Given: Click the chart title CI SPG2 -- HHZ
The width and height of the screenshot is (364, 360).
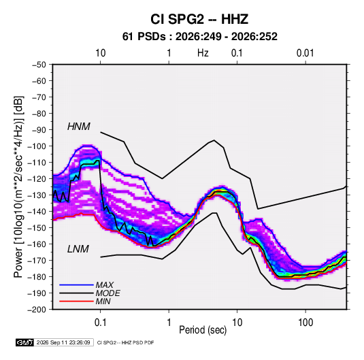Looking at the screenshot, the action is point(199,19).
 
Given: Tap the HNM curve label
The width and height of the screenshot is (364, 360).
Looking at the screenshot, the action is point(79,127).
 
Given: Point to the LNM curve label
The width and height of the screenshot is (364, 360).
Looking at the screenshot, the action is point(78,249).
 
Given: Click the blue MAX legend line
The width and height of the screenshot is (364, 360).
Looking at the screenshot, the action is point(76,284).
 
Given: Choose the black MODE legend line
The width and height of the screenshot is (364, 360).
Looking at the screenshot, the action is point(76,293).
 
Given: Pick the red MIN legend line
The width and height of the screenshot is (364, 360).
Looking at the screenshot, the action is point(76,301).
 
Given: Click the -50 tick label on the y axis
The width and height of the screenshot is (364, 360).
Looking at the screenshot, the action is point(39,65).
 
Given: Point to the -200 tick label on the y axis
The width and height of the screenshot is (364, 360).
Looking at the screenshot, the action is point(37,310).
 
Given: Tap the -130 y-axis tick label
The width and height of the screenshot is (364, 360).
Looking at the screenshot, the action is point(37,195).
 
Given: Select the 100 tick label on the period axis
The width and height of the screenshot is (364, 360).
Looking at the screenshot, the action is point(305,323).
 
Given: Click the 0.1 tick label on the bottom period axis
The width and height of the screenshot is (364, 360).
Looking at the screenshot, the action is point(100,323).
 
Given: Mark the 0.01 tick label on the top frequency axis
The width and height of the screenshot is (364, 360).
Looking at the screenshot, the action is point(305,53).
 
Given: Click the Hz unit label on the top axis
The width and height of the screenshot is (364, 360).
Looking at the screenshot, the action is point(203,53).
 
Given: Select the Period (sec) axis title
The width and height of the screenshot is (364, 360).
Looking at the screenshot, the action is point(203,330).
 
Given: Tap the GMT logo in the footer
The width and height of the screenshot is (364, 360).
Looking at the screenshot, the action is point(25,342).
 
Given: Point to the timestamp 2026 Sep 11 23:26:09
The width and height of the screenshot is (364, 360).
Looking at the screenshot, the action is point(63,342).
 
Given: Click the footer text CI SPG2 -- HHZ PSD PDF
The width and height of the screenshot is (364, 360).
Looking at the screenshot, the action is point(125,342).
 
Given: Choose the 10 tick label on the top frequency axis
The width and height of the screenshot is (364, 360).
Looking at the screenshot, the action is point(101,53).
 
